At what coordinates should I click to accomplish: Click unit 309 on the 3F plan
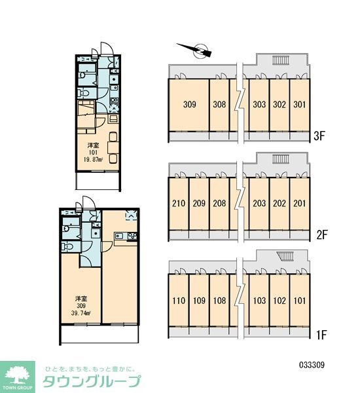click(x=190, y=105)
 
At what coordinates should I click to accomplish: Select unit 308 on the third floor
click(x=219, y=105)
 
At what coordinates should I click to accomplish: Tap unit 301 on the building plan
click(x=299, y=105)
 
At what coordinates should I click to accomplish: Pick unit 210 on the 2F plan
click(x=179, y=203)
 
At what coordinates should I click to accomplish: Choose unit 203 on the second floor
click(x=259, y=203)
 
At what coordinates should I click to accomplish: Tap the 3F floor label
click(x=319, y=137)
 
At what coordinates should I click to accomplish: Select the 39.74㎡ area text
click(x=82, y=313)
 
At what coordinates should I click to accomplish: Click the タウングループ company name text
click(x=92, y=383)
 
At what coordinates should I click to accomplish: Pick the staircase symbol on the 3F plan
click(x=281, y=61)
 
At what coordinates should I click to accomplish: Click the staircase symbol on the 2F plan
click(x=281, y=159)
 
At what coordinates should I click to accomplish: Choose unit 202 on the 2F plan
click(x=279, y=203)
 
